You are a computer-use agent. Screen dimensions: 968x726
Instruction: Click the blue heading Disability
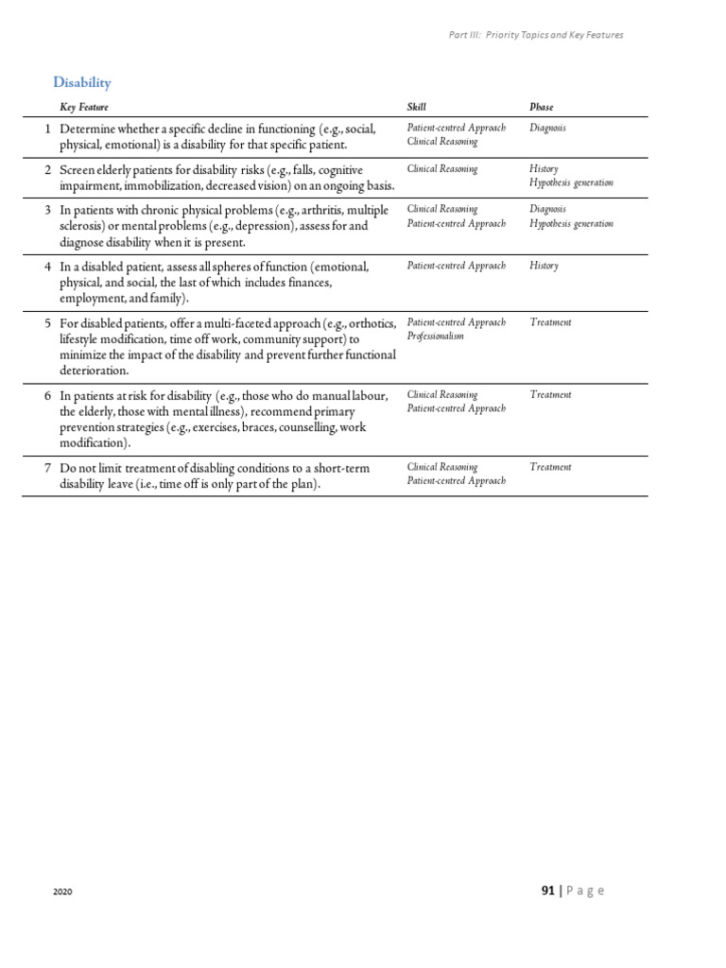(82, 83)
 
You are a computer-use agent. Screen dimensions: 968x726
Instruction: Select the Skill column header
(417, 108)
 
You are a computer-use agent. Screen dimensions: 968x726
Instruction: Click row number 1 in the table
(47, 129)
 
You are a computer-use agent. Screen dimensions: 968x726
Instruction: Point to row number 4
(47, 267)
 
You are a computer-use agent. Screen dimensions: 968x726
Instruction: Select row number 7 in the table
(47, 468)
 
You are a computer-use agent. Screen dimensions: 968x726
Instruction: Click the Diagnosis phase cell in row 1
(548, 128)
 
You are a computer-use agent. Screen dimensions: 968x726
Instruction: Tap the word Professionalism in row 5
(436, 337)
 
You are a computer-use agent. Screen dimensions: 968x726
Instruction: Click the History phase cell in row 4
(544, 267)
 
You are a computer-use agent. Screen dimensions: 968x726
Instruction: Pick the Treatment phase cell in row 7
(551, 467)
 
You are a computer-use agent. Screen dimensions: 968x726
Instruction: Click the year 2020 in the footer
(62, 892)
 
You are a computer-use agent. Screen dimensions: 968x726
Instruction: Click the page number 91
(547, 890)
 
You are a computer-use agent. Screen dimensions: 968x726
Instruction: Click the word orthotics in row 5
(372, 323)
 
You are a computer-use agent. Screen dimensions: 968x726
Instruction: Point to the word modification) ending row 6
(94, 442)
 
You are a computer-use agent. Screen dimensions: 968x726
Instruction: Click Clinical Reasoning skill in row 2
(442, 169)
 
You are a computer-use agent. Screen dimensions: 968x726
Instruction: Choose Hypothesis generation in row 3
(572, 224)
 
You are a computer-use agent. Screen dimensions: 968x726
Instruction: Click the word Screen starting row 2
(78, 170)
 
